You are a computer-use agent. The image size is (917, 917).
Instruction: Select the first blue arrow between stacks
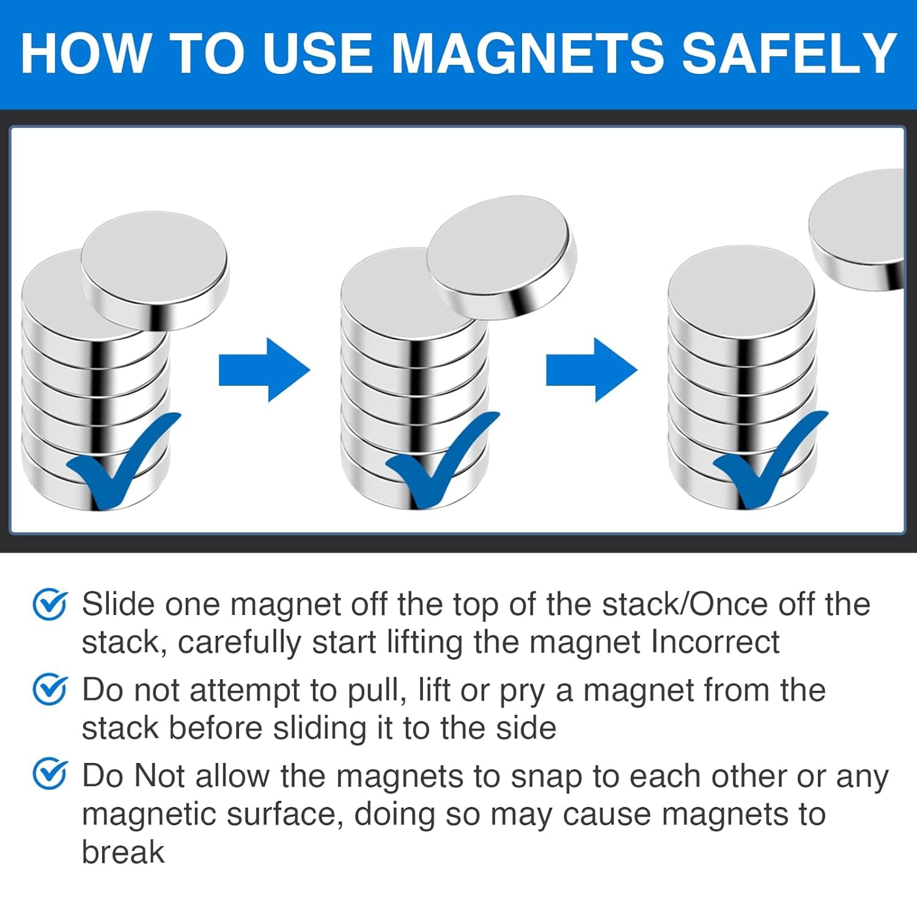(x=264, y=370)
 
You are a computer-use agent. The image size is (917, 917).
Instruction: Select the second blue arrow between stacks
(x=591, y=370)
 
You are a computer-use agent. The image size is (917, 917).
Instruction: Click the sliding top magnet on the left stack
(x=154, y=269)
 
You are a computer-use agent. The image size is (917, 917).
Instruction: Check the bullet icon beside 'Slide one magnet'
(x=50, y=605)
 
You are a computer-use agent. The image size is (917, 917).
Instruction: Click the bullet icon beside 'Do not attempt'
(x=50, y=690)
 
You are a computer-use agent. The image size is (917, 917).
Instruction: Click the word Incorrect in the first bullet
(x=715, y=643)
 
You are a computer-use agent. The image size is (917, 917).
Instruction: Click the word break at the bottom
(x=123, y=852)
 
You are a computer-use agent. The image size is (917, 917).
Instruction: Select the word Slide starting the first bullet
(x=118, y=604)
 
